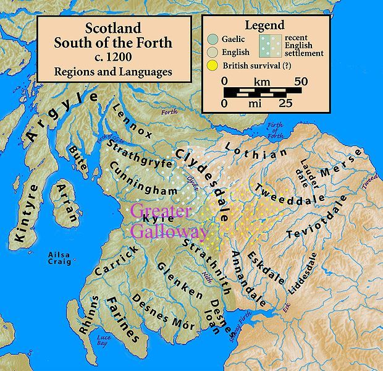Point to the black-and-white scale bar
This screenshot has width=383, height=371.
263,92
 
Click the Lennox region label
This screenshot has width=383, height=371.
132,121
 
